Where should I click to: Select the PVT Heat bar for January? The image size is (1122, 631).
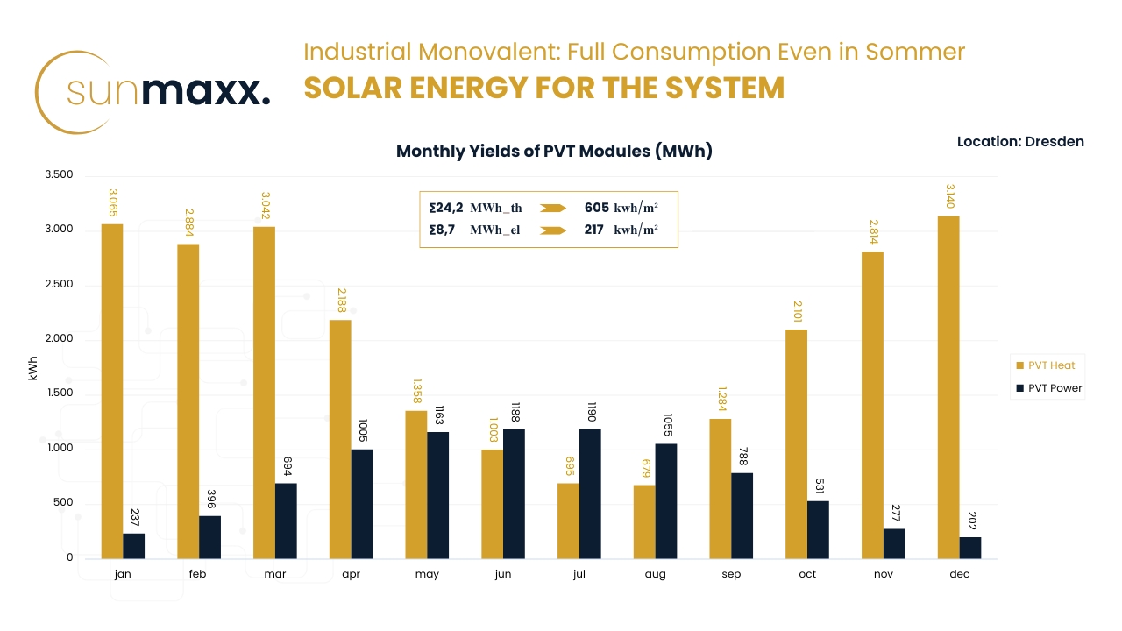(x=112, y=391)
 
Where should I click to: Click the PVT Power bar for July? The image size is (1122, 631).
(x=590, y=493)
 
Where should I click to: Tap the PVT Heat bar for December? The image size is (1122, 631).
(x=948, y=386)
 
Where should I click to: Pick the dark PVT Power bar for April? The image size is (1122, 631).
(x=362, y=504)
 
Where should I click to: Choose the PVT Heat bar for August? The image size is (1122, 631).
(x=644, y=521)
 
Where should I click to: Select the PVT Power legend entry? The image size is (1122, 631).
(x=1048, y=388)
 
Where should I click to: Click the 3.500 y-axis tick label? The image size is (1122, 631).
(x=58, y=175)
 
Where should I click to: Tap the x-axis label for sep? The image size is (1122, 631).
(x=731, y=574)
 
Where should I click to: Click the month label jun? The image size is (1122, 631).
(x=503, y=574)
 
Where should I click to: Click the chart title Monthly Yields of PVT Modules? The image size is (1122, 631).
(x=554, y=151)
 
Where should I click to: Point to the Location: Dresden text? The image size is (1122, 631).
(x=1020, y=141)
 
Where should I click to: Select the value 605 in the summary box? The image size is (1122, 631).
(x=597, y=208)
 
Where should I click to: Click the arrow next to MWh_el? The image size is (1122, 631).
(x=554, y=230)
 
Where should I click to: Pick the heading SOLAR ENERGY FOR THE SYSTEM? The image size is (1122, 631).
(x=543, y=89)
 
